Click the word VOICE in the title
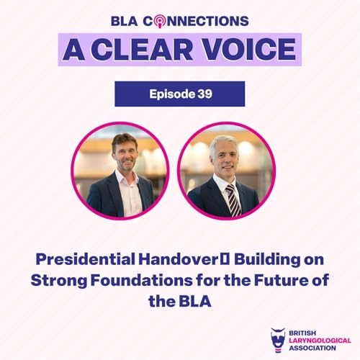click(x=242, y=49)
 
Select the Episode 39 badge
click(x=179, y=94)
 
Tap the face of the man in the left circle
click(x=124, y=153)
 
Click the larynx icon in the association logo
click(x=277, y=339)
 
